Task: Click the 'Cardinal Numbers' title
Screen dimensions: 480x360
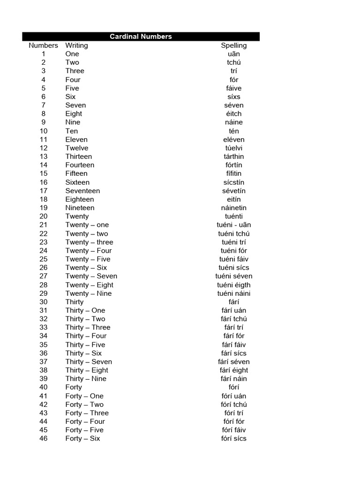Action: click(x=141, y=37)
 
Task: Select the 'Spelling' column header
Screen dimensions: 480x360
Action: click(x=234, y=45)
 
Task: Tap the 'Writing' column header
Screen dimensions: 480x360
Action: click(x=76, y=45)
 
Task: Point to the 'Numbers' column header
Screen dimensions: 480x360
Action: click(x=43, y=45)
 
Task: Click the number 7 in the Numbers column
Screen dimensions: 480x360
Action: click(x=44, y=105)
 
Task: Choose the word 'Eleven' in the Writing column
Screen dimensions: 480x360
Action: click(x=76, y=139)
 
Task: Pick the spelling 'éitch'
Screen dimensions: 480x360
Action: click(x=234, y=113)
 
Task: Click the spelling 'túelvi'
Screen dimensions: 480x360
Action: click(x=234, y=148)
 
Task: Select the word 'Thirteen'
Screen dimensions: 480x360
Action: click(x=79, y=157)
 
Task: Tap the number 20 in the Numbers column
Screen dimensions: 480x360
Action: click(x=44, y=216)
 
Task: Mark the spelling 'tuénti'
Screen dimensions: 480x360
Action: click(x=234, y=216)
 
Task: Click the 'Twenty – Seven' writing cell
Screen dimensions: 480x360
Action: click(x=91, y=276)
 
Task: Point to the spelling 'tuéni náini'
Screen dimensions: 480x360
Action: click(x=234, y=293)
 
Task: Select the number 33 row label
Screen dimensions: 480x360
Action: click(x=44, y=327)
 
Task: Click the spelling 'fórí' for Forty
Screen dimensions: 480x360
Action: click(x=234, y=387)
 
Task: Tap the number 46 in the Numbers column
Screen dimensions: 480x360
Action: click(x=44, y=438)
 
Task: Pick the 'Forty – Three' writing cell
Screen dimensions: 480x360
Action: click(x=87, y=413)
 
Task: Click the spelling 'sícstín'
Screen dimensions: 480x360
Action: click(x=234, y=182)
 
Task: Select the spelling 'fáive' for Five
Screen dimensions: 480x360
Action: click(x=234, y=88)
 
